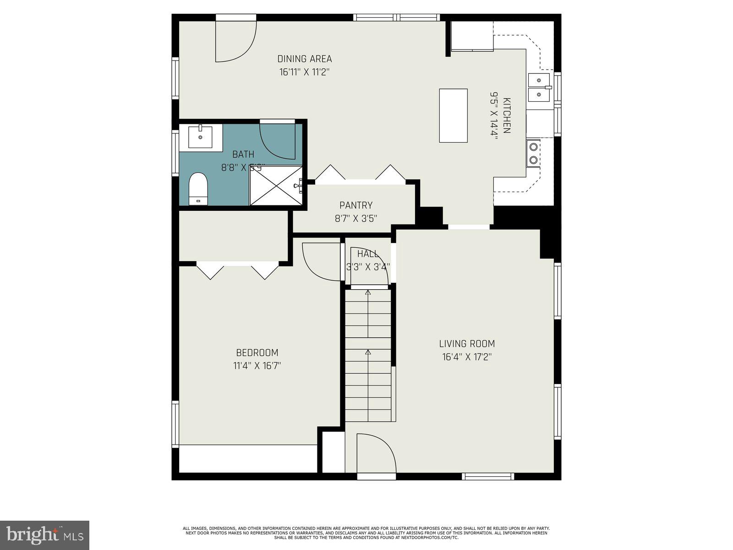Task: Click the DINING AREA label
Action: [304, 59]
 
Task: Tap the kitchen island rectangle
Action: [453, 115]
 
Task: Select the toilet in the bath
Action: [198, 188]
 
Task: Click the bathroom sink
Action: [201, 136]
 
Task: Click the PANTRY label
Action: [356, 205]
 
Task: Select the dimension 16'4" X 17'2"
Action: [467, 357]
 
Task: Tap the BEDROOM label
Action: [257, 352]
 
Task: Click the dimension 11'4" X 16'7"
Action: [257, 366]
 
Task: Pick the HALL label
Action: [367, 253]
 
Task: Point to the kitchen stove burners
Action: [533, 154]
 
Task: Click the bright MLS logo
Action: [44, 535]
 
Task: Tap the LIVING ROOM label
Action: [467, 344]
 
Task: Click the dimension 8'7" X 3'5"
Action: [356, 219]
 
